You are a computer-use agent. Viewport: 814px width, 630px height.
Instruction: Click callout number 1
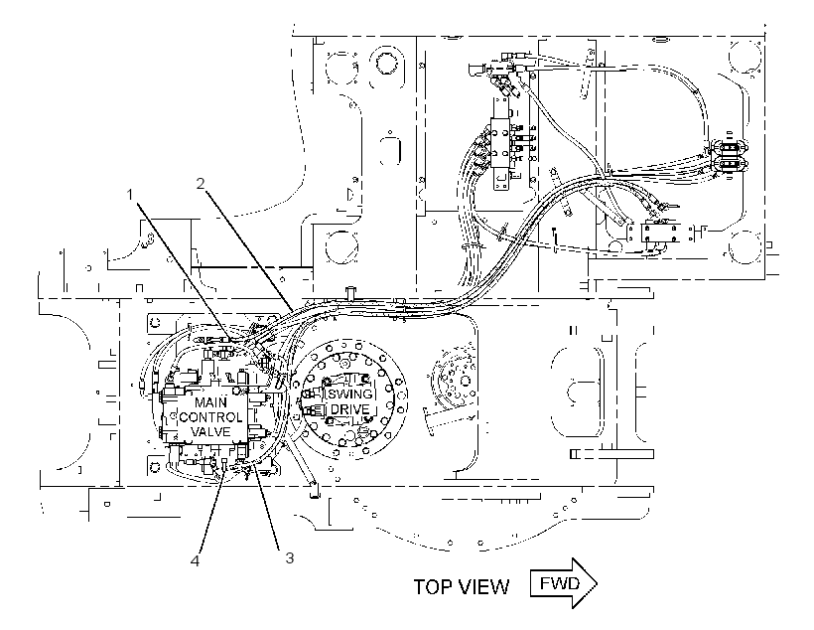point(130,195)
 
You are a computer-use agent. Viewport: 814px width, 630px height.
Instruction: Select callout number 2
point(201,183)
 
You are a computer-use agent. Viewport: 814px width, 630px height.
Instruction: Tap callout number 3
point(289,557)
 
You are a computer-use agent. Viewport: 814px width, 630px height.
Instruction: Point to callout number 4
point(196,560)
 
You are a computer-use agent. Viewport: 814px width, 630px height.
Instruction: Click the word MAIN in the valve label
point(210,402)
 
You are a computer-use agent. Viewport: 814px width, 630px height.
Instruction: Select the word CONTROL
point(210,417)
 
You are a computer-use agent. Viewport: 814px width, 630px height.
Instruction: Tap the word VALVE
point(210,431)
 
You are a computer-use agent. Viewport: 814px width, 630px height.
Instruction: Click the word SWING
point(348,394)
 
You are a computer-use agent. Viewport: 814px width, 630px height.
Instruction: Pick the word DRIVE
point(349,408)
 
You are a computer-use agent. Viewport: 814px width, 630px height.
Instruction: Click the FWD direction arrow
point(564,583)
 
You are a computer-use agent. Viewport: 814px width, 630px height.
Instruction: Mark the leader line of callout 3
point(266,507)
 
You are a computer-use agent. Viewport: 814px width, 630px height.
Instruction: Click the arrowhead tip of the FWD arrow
point(598,583)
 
